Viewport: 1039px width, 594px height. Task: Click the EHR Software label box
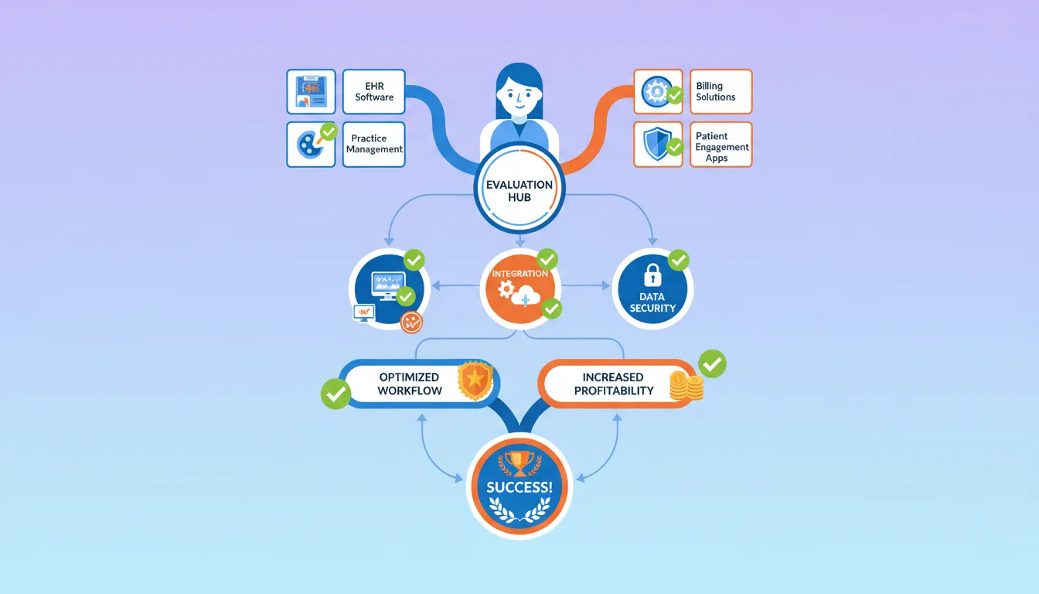tap(374, 92)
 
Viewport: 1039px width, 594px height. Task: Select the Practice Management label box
tap(374, 144)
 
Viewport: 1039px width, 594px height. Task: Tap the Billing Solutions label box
tap(720, 92)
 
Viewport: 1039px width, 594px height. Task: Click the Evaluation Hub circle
tap(519, 191)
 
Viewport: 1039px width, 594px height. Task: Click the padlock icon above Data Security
tap(652, 275)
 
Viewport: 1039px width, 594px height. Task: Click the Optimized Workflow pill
tap(410, 384)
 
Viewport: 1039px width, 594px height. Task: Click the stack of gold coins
tap(686, 387)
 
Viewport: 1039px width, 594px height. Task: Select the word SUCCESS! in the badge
tap(519, 488)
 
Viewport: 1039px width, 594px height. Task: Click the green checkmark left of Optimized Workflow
tap(336, 393)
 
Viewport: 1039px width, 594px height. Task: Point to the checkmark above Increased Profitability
tap(712, 363)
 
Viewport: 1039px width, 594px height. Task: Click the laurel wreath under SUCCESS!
tap(519, 510)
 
